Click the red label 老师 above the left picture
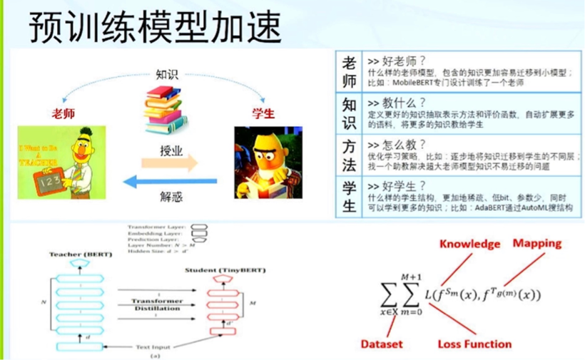pyautogui.click(x=63, y=113)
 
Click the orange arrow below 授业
pyautogui.click(x=169, y=163)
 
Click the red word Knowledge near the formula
pyautogui.click(x=469, y=244)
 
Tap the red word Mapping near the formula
pyautogui.click(x=537, y=243)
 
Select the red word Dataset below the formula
pyautogui.click(x=381, y=344)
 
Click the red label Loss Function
pyautogui.click(x=475, y=344)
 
